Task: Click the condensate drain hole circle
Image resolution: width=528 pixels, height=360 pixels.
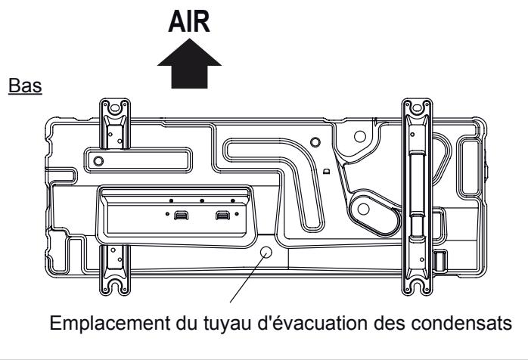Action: click(266, 252)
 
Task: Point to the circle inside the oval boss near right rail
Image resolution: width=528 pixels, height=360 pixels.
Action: click(368, 207)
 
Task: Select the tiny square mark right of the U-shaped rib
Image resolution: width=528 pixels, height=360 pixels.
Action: click(326, 172)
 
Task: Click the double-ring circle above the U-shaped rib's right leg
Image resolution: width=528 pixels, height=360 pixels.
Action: click(359, 138)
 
